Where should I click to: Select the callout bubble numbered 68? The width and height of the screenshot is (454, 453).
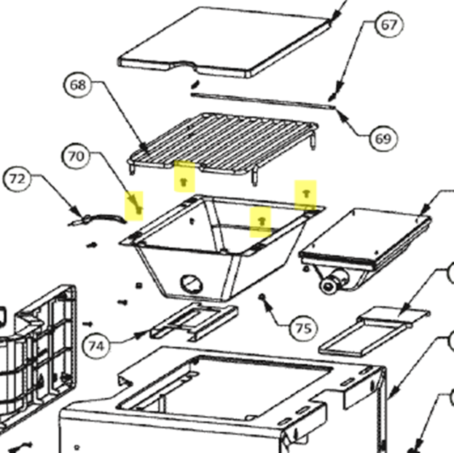click(x=78, y=85)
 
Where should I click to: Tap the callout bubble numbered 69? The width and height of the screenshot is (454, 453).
click(x=383, y=139)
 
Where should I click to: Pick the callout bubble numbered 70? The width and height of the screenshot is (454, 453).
click(x=76, y=156)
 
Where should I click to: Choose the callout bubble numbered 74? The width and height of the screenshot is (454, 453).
click(x=96, y=346)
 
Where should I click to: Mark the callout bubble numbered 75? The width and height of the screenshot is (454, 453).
click(x=303, y=328)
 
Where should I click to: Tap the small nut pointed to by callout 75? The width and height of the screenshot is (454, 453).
click(x=262, y=296)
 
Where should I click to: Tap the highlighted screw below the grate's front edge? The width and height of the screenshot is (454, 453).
click(x=183, y=182)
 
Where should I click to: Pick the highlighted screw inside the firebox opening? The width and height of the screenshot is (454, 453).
click(x=261, y=221)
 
